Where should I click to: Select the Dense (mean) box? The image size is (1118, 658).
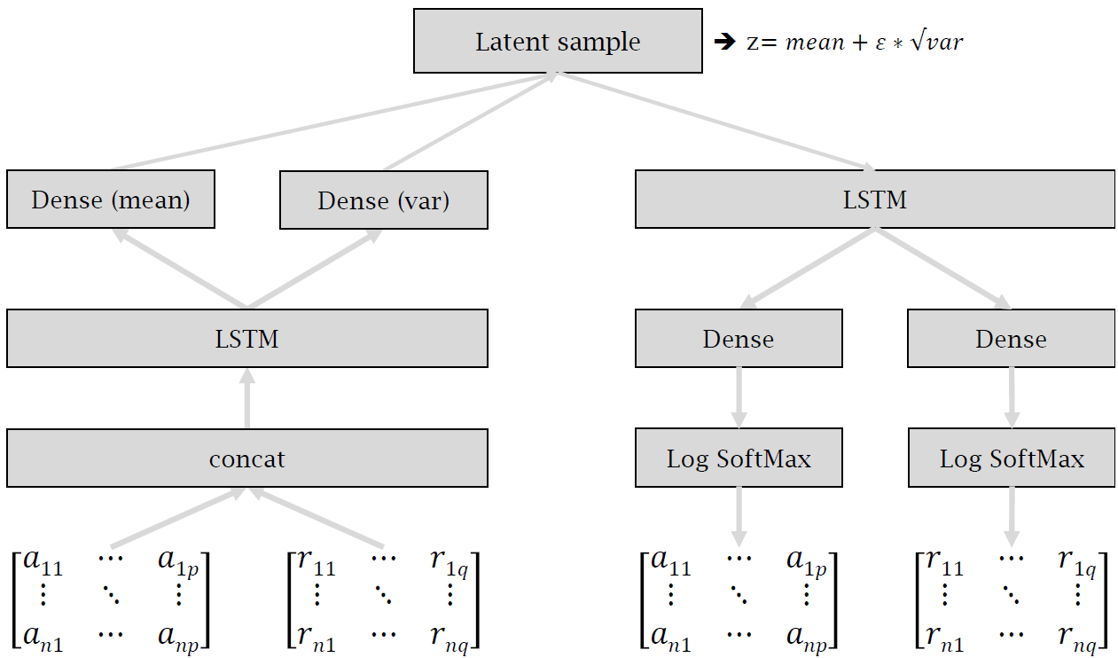111,200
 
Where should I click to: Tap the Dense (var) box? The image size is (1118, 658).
383,200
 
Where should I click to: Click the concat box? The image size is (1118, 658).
246,458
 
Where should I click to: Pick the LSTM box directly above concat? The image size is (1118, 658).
246,338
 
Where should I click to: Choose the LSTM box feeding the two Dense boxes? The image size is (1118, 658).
874,200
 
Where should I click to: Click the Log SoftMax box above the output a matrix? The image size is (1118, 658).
739,458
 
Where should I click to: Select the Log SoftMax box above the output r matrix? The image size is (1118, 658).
1011,458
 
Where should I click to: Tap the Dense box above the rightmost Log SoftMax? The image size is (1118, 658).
1011,339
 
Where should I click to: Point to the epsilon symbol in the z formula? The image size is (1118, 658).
881,43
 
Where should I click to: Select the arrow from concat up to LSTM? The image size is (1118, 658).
246,398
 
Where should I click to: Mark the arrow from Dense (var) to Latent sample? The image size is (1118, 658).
470,121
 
